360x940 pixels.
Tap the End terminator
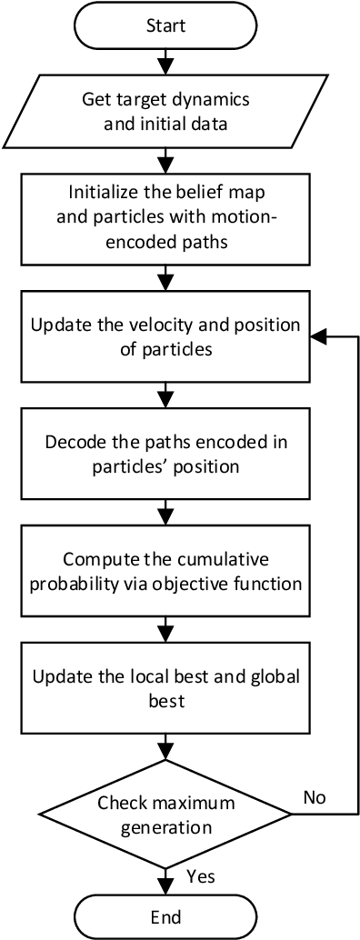click(x=165, y=915)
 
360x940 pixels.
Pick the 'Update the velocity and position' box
click(x=165, y=336)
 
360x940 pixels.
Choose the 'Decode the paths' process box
click(x=165, y=455)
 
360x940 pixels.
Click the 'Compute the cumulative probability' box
click(x=165, y=571)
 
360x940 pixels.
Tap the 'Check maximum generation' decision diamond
click(x=165, y=815)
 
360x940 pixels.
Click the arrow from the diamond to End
click(x=165, y=877)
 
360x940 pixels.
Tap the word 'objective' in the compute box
click(x=212, y=582)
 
